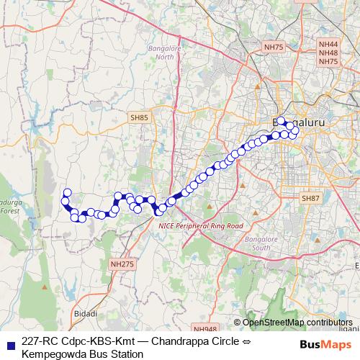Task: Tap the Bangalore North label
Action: [x=165, y=53]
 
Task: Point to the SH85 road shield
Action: [x=140, y=116]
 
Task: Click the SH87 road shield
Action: [x=310, y=198]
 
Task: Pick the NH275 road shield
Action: [x=122, y=265]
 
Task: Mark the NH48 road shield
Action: [x=328, y=53]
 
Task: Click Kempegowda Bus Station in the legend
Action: [x=82, y=354]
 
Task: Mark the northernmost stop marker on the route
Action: [x=282, y=121]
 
